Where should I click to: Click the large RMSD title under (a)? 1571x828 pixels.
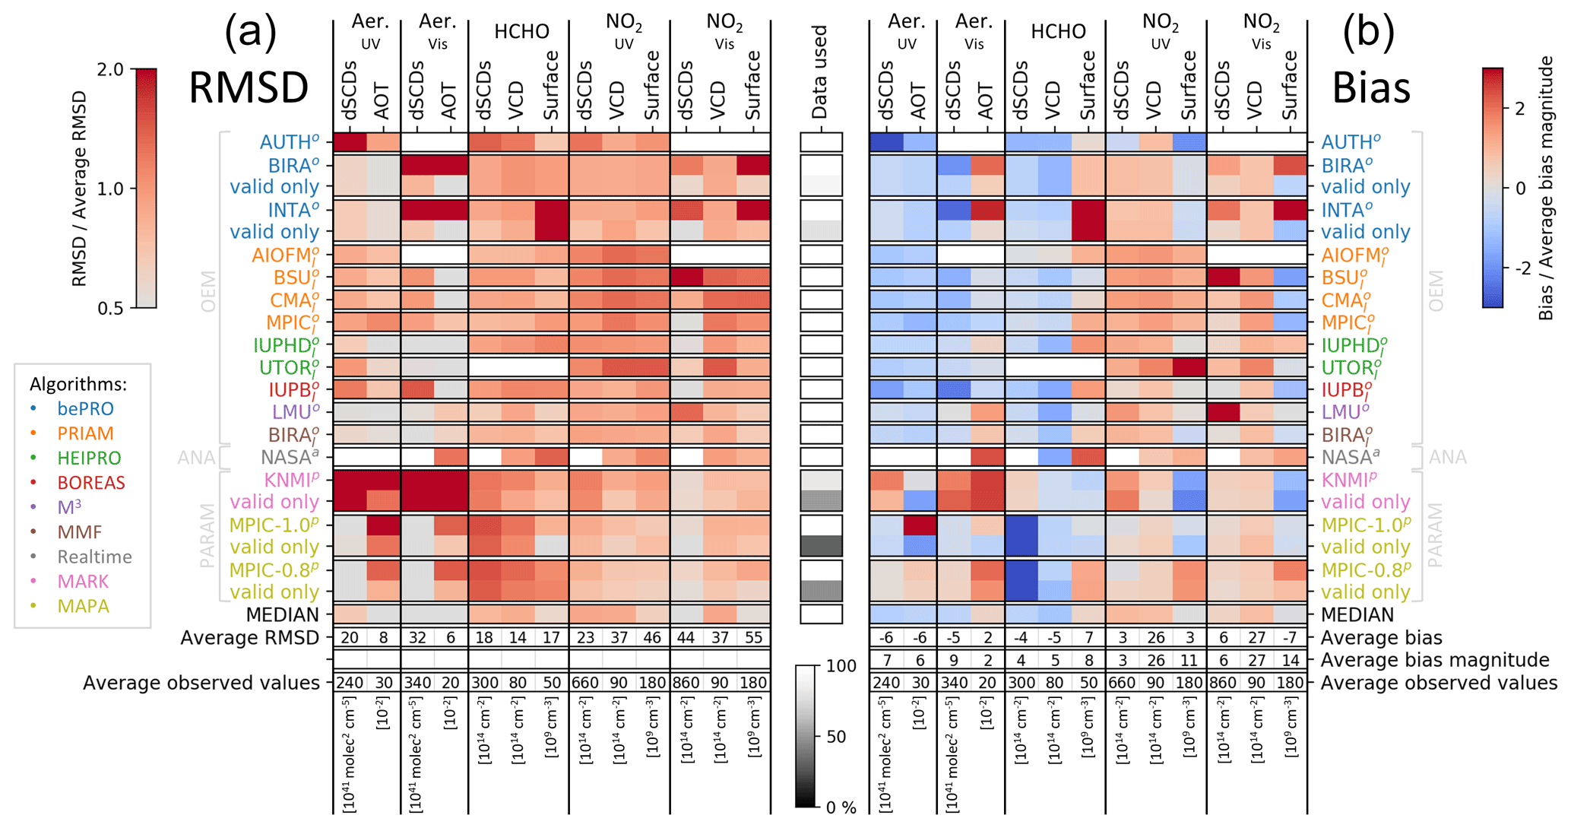(248, 87)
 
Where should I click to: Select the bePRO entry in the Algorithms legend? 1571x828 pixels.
(85, 409)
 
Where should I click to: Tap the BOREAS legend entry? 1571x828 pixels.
(91, 483)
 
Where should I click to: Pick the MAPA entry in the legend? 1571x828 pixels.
(84, 606)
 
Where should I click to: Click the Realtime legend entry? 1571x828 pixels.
(94, 557)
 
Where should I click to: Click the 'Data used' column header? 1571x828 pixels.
(819, 73)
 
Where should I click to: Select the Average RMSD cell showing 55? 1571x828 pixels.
(753, 638)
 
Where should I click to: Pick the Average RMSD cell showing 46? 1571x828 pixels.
(652, 638)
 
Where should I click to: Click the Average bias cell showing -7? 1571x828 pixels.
(1290, 638)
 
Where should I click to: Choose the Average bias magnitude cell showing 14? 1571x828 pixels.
(1290, 660)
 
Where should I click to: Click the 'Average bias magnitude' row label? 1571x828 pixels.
(1435, 660)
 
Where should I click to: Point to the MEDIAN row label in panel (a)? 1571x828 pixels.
(282, 614)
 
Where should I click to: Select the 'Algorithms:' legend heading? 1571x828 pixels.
(78, 384)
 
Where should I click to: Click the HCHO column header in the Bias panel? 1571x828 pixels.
(1058, 31)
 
